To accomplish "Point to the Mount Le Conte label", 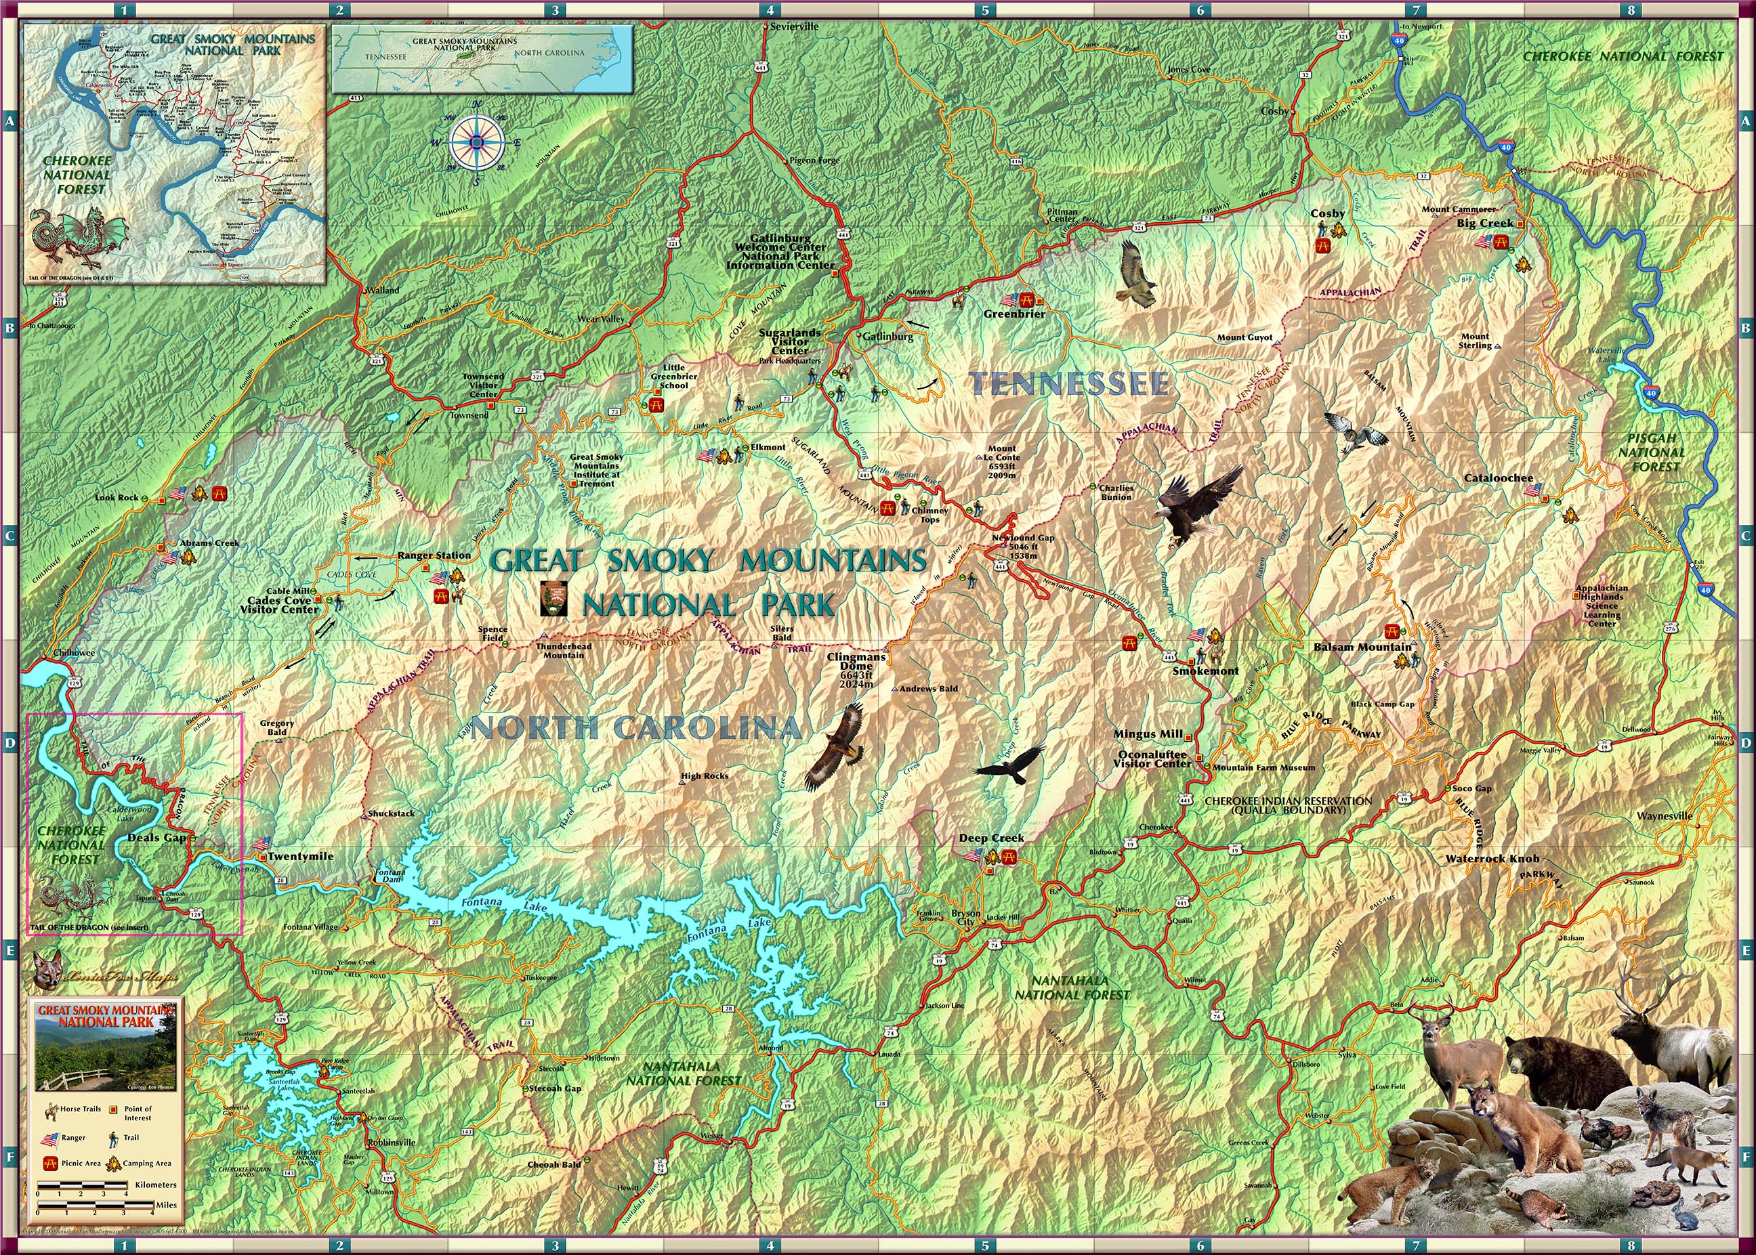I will (x=1003, y=462).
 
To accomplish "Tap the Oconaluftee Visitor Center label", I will (x=1152, y=759).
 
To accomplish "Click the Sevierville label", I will (x=794, y=26).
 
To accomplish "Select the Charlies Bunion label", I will (x=1116, y=492).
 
